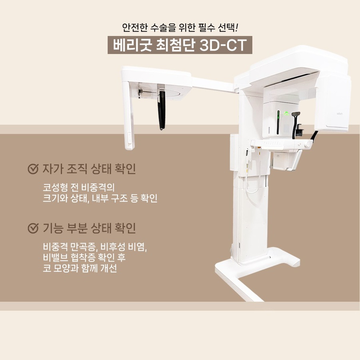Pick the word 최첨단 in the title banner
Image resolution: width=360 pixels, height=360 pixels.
point(176,45)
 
